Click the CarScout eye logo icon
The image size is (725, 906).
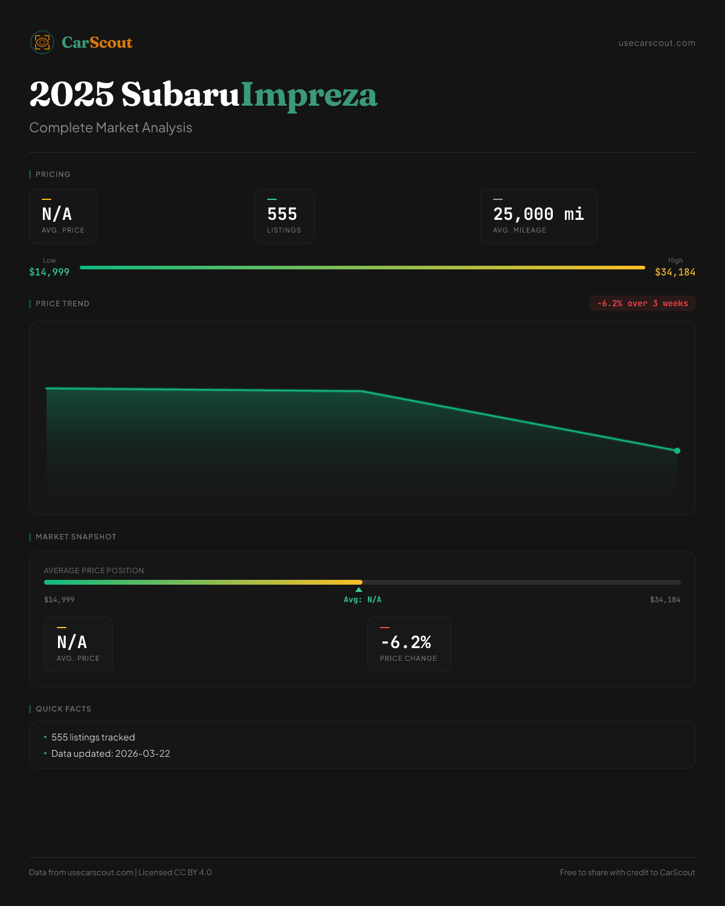[x=42, y=42]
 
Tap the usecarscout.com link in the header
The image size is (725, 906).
[x=657, y=43]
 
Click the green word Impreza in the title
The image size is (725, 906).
[x=309, y=95]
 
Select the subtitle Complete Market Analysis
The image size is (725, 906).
[x=111, y=127]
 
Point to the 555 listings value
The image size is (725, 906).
[x=282, y=214]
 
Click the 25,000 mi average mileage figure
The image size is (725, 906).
[x=538, y=214]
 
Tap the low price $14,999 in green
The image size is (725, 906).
[x=50, y=272]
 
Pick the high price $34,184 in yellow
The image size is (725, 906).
[x=675, y=272]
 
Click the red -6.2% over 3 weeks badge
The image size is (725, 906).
[x=642, y=303]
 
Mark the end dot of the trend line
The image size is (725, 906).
[x=677, y=451]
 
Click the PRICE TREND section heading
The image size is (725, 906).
[x=62, y=304]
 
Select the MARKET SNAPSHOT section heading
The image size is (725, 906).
[x=76, y=537]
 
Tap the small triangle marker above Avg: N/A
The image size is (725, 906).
[x=359, y=590]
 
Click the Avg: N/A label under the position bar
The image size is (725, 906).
[x=362, y=600]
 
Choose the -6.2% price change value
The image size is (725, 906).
[x=406, y=642]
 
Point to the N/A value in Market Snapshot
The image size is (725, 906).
[x=72, y=642]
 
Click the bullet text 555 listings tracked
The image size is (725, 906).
[x=93, y=737]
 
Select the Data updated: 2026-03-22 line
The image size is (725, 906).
[x=111, y=754]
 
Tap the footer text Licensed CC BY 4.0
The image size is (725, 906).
[x=175, y=872]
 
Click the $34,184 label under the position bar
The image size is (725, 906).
[x=665, y=600]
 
